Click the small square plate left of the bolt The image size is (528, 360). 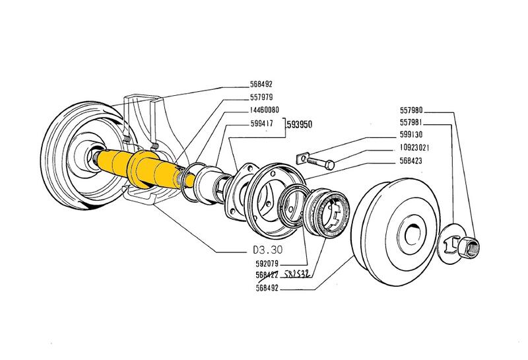300,158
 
